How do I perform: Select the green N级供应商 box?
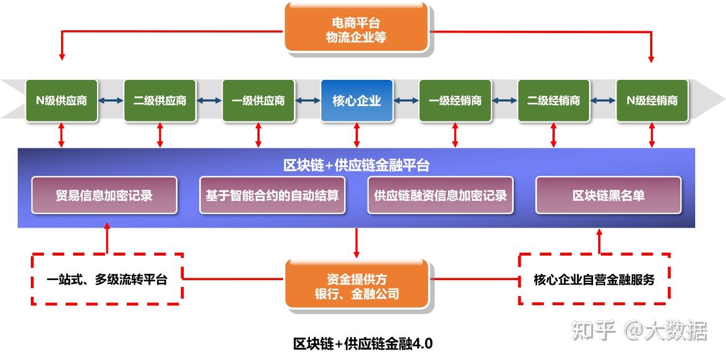point(62,101)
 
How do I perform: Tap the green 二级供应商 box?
point(160,101)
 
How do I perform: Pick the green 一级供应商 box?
point(258,101)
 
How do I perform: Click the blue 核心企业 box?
point(357,101)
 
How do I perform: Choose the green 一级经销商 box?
point(455,101)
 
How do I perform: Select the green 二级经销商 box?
point(553,101)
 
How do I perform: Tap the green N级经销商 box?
point(652,101)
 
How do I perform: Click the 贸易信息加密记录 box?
point(104,195)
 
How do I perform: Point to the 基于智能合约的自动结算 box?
point(272,195)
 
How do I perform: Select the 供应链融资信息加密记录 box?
point(440,195)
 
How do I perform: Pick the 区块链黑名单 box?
point(608,195)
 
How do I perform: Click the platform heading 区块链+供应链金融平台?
point(356,165)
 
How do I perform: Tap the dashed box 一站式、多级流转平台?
point(107,280)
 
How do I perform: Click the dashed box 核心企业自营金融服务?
point(594,280)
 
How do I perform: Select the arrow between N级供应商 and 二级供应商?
point(111,101)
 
